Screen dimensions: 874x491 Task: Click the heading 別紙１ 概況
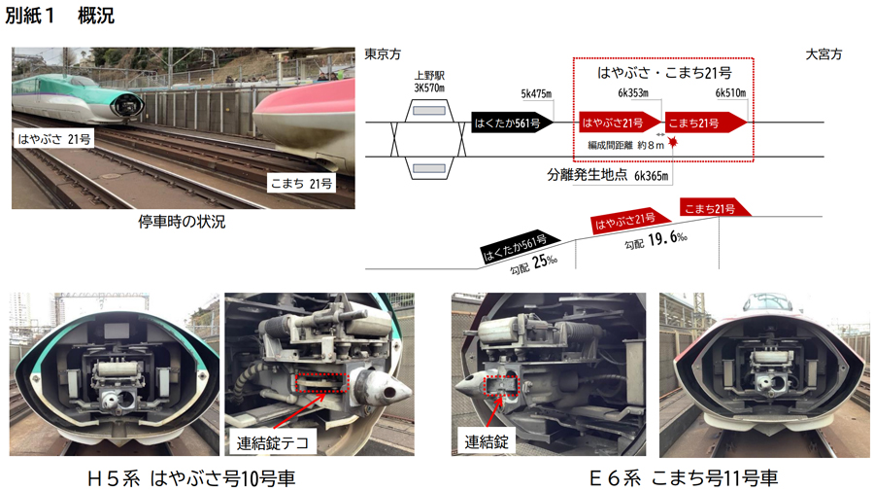click(59, 15)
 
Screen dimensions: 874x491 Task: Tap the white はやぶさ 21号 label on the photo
click(54, 139)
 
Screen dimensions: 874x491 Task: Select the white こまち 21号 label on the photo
click(301, 183)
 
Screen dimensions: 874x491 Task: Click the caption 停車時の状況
click(182, 222)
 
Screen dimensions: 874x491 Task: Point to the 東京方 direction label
click(383, 54)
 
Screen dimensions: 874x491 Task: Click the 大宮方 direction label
click(824, 54)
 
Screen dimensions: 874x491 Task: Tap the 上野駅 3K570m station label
click(429, 82)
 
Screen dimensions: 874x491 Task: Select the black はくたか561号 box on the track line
click(513, 123)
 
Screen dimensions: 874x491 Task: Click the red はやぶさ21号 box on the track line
click(620, 123)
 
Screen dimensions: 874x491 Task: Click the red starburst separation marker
click(673, 142)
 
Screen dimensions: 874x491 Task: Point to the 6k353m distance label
click(632, 93)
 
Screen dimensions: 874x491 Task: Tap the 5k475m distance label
click(536, 93)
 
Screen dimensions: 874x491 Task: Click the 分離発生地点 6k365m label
click(608, 175)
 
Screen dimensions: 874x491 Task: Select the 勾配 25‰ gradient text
click(533, 263)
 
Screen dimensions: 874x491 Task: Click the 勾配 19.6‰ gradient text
click(655, 240)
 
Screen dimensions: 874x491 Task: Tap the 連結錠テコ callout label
click(273, 443)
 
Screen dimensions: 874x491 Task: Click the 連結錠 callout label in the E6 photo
click(487, 441)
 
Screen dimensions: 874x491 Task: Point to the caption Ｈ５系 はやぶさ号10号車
click(191, 478)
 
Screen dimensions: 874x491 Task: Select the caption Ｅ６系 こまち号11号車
click(684, 478)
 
